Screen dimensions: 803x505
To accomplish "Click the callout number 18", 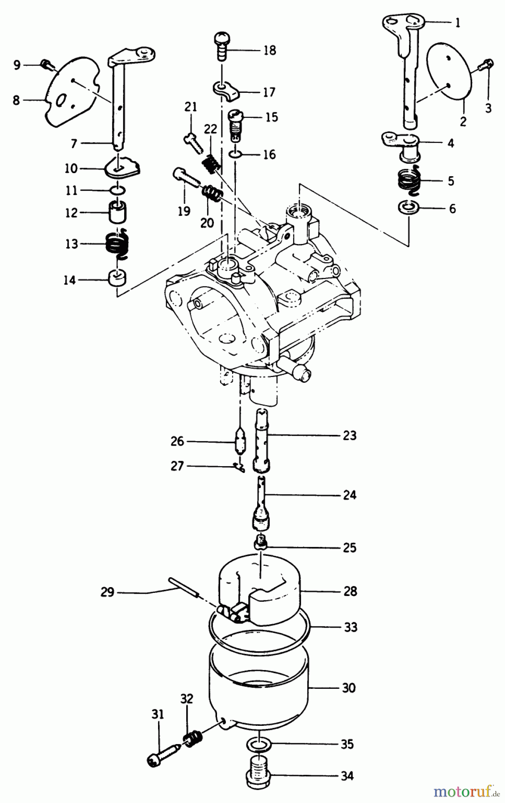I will [x=269, y=50].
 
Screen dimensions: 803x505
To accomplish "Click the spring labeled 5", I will [x=409, y=180].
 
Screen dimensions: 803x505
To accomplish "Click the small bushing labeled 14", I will [x=117, y=280].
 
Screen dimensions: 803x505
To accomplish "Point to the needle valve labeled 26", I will [x=240, y=442].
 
